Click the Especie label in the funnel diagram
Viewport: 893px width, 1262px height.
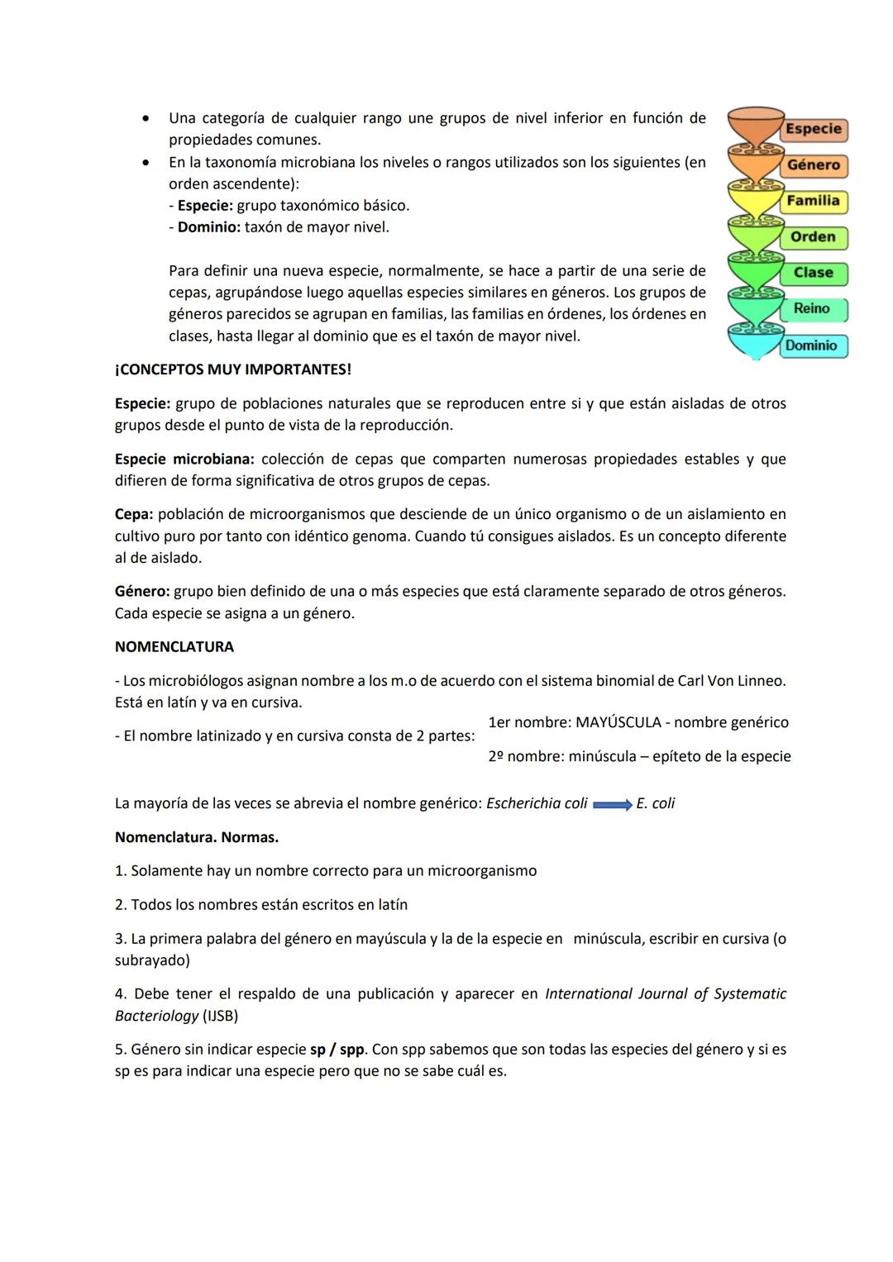(813, 129)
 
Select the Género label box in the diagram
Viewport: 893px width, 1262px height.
(813, 165)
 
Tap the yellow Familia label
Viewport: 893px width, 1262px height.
(813, 201)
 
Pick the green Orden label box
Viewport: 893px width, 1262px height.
(813, 237)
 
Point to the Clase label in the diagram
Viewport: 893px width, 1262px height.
(813, 273)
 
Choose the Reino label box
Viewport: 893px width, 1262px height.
(812, 309)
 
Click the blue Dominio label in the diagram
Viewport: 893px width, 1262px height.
(811, 345)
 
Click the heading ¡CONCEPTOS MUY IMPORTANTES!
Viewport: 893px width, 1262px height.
(232, 369)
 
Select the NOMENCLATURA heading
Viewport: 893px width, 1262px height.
(174, 646)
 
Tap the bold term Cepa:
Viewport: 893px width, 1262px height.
(134, 514)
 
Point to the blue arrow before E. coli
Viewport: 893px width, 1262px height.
(612, 804)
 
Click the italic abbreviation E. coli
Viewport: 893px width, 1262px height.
(656, 803)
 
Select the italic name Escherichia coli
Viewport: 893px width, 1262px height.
(537, 803)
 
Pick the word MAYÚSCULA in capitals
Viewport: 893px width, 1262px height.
(618, 722)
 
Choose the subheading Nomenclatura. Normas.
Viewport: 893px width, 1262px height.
(196, 837)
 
